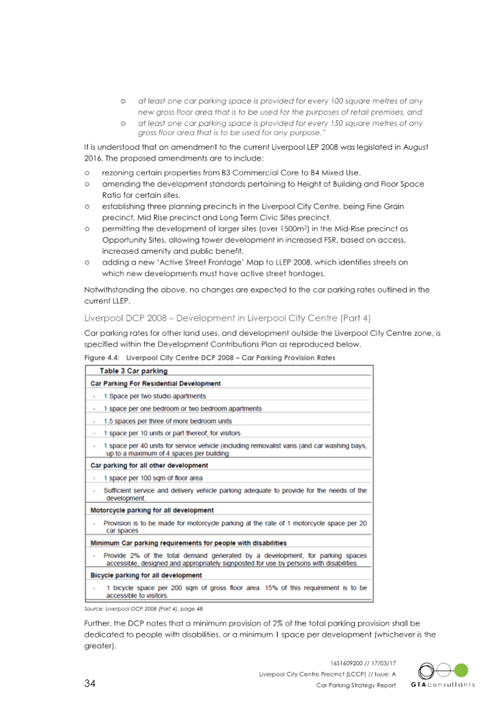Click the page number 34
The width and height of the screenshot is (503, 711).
90,683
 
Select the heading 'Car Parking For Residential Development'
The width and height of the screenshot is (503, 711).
155,384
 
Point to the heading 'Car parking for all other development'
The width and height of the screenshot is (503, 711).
149,465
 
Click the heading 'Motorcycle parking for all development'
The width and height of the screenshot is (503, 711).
152,510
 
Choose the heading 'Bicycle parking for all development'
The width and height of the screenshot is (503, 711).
146,575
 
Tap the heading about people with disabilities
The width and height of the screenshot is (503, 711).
189,543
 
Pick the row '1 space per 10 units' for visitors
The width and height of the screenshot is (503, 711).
171,433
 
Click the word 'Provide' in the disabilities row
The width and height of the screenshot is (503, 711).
115,555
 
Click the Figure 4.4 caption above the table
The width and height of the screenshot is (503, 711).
210,357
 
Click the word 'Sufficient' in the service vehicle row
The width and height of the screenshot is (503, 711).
120,491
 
